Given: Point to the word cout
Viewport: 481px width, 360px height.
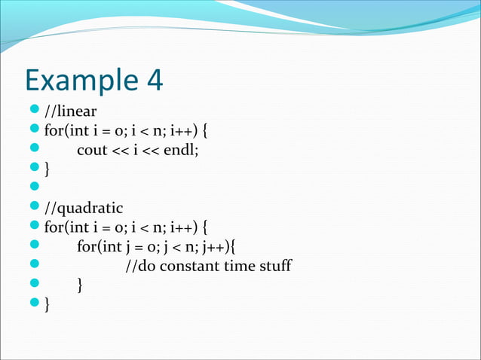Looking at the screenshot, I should [x=92, y=150].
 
